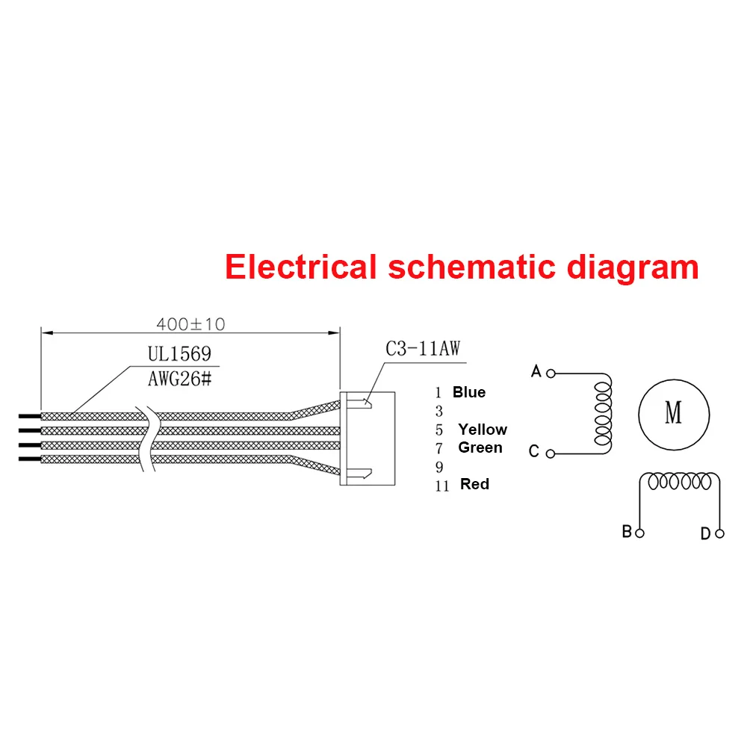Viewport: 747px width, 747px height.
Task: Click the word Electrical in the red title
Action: [301, 267]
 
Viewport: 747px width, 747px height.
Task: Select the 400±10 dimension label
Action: [190, 324]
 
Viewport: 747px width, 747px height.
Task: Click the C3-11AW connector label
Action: [423, 349]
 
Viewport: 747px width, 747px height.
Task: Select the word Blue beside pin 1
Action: [468, 392]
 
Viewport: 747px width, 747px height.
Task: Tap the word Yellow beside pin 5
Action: [483, 430]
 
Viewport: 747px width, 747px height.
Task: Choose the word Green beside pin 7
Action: [480, 447]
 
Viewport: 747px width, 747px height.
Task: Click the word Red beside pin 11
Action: [475, 484]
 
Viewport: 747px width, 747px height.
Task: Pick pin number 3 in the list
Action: [439, 412]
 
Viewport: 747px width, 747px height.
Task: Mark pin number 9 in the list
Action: [439, 467]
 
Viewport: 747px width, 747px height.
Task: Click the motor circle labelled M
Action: [673, 413]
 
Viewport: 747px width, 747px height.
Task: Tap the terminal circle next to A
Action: [551, 372]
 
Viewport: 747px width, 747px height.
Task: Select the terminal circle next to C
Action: [551, 453]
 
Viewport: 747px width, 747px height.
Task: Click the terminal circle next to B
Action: [639, 533]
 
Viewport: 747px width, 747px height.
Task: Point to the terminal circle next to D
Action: [719, 533]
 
